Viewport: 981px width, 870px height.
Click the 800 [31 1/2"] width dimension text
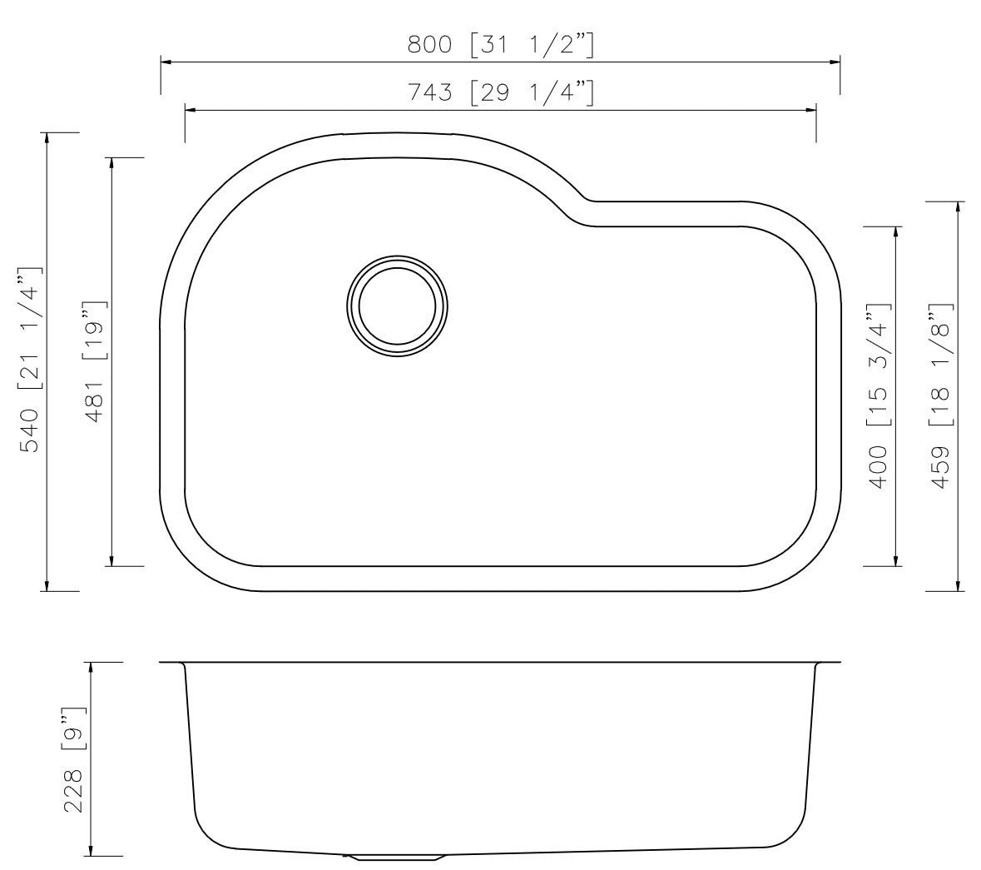500,44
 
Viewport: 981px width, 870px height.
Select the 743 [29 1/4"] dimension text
500,92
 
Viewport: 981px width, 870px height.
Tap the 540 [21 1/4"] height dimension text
30,360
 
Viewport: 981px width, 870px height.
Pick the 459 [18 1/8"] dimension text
942,395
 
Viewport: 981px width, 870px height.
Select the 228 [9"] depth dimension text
74,759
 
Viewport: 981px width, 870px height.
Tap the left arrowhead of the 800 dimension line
166,62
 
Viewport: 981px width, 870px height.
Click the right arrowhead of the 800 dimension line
835,62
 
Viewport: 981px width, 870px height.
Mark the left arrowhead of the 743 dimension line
190,109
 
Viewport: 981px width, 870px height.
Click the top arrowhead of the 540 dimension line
47,138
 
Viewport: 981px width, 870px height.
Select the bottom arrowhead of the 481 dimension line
111,560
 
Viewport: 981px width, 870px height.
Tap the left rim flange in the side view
171,664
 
